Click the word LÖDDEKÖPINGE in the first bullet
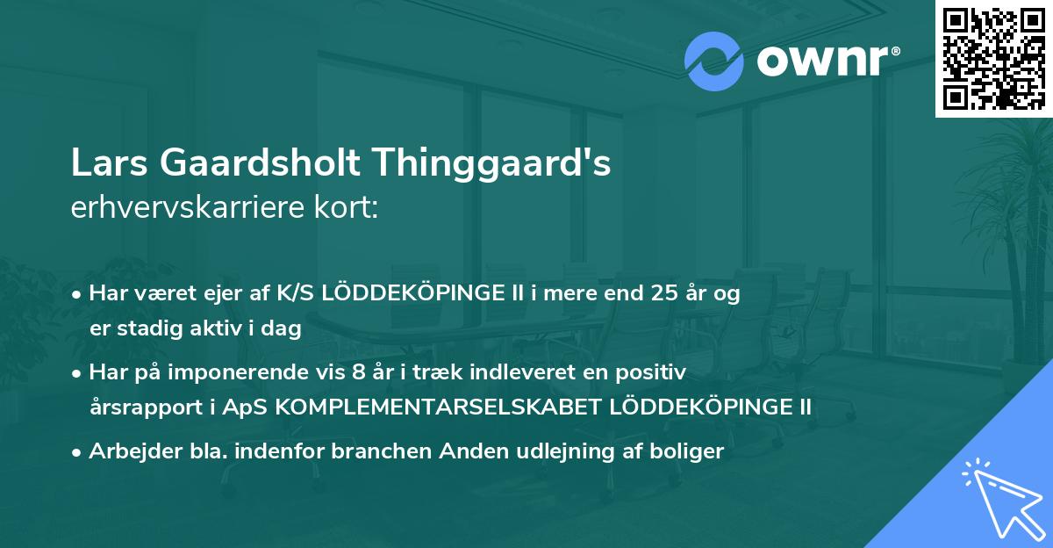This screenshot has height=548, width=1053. [408, 293]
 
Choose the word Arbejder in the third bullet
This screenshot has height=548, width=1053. [130, 451]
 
